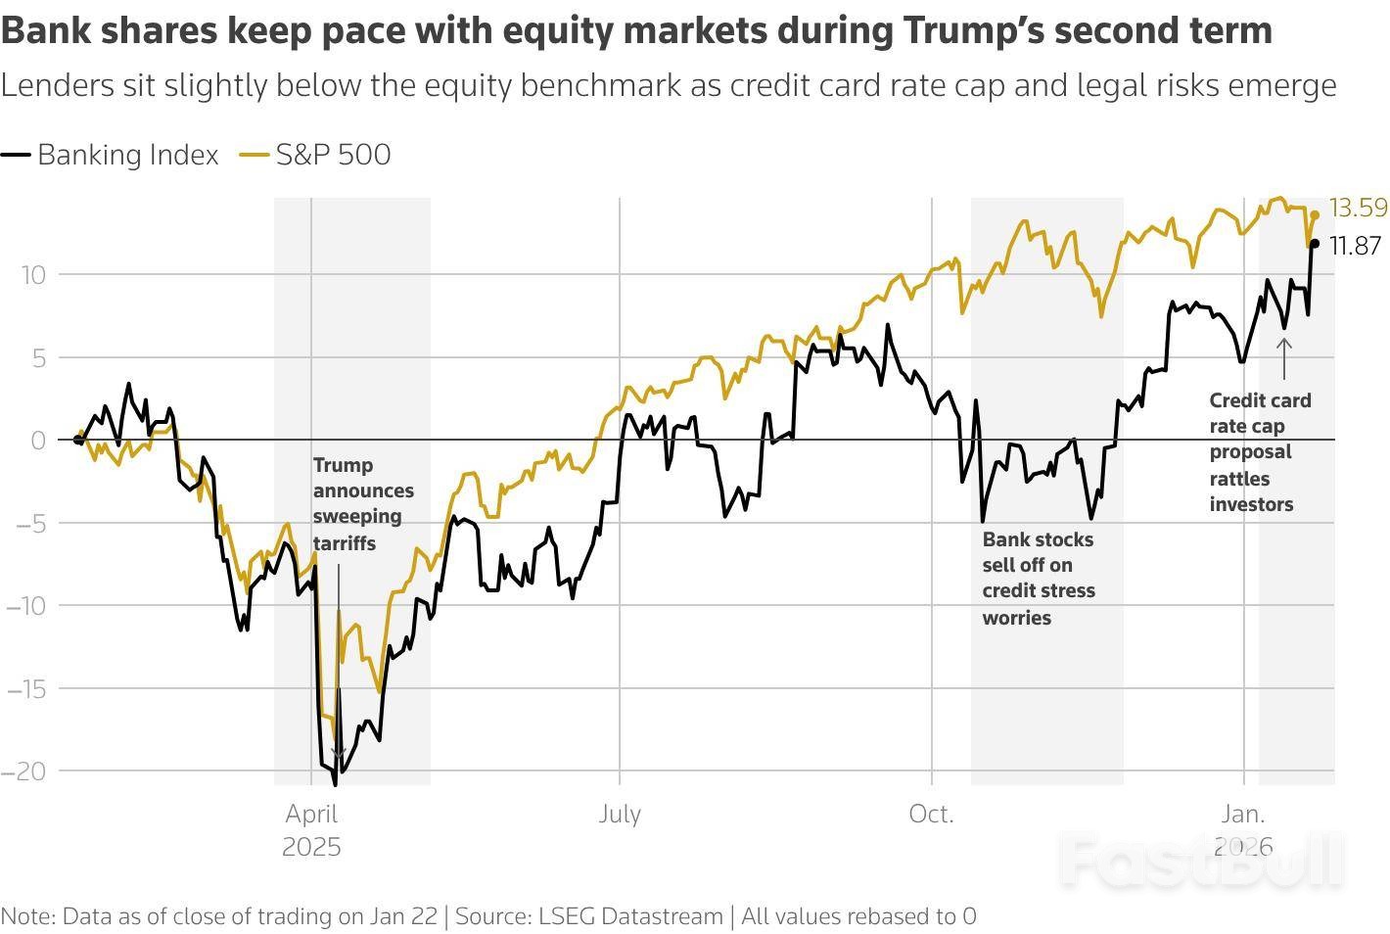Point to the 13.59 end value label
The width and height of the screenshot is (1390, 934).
coord(1358,208)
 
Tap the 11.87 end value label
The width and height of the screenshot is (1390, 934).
coord(1355,246)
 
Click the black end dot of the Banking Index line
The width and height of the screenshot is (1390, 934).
coord(1315,244)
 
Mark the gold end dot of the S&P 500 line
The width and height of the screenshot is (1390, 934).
coord(1315,214)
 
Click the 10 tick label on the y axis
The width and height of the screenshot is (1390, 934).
coord(33,275)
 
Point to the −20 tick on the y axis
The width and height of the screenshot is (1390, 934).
coord(25,771)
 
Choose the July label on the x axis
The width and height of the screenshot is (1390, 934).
coord(620,815)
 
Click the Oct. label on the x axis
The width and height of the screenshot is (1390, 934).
coord(931,815)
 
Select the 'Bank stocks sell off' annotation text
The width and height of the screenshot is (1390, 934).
coord(1038,578)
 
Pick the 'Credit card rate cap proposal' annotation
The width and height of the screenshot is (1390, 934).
coord(1259,451)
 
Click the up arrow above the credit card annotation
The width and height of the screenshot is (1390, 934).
coord(1284,358)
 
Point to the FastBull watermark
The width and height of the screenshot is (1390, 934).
coord(1202,860)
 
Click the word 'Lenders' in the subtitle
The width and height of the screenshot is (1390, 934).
coord(58,86)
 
